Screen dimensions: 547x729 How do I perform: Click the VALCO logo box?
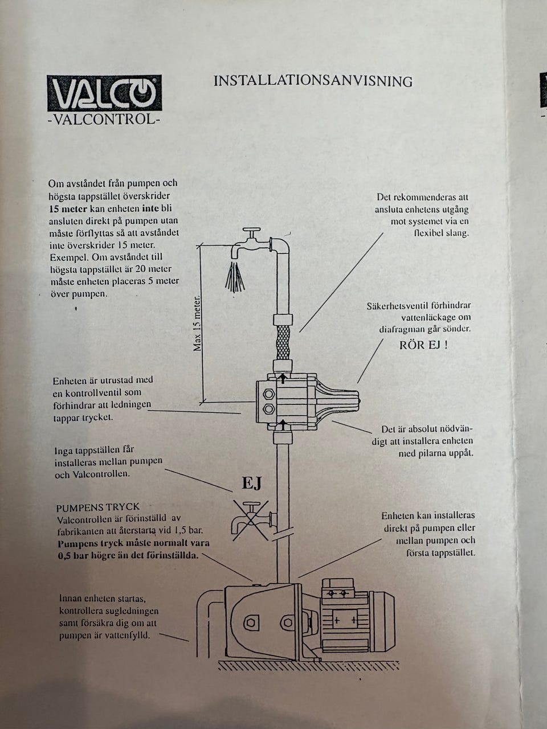(x=104, y=93)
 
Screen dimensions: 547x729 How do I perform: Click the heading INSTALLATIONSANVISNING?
(x=313, y=81)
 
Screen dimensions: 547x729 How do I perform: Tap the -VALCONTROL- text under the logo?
(x=104, y=119)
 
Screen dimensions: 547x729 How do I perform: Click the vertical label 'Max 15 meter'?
(x=197, y=322)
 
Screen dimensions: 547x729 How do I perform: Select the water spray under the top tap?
(x=235, y=277)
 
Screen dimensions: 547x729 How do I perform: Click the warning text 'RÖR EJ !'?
(x=423, y=345)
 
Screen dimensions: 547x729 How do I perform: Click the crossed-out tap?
(x=251, y=521)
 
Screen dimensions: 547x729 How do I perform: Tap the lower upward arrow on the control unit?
(x=283, y=424)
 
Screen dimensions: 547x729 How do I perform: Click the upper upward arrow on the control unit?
(x=283, y=378)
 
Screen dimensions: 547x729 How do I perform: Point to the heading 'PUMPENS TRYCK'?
(x=98, y=507)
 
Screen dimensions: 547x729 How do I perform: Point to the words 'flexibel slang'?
(x=442, y=233)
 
